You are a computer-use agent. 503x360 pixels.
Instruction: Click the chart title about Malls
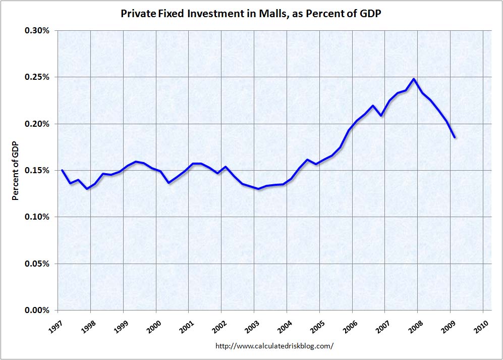pos(251,14)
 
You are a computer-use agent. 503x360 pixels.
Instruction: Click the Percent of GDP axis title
pos(16,171)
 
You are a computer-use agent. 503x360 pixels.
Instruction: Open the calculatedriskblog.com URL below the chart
pos(274,346)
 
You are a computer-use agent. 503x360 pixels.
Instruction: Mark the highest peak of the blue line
pos(414,79)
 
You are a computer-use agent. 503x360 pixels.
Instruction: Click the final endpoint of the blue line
pos(455,137)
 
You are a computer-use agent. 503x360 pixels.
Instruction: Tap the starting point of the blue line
pos(62,170)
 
